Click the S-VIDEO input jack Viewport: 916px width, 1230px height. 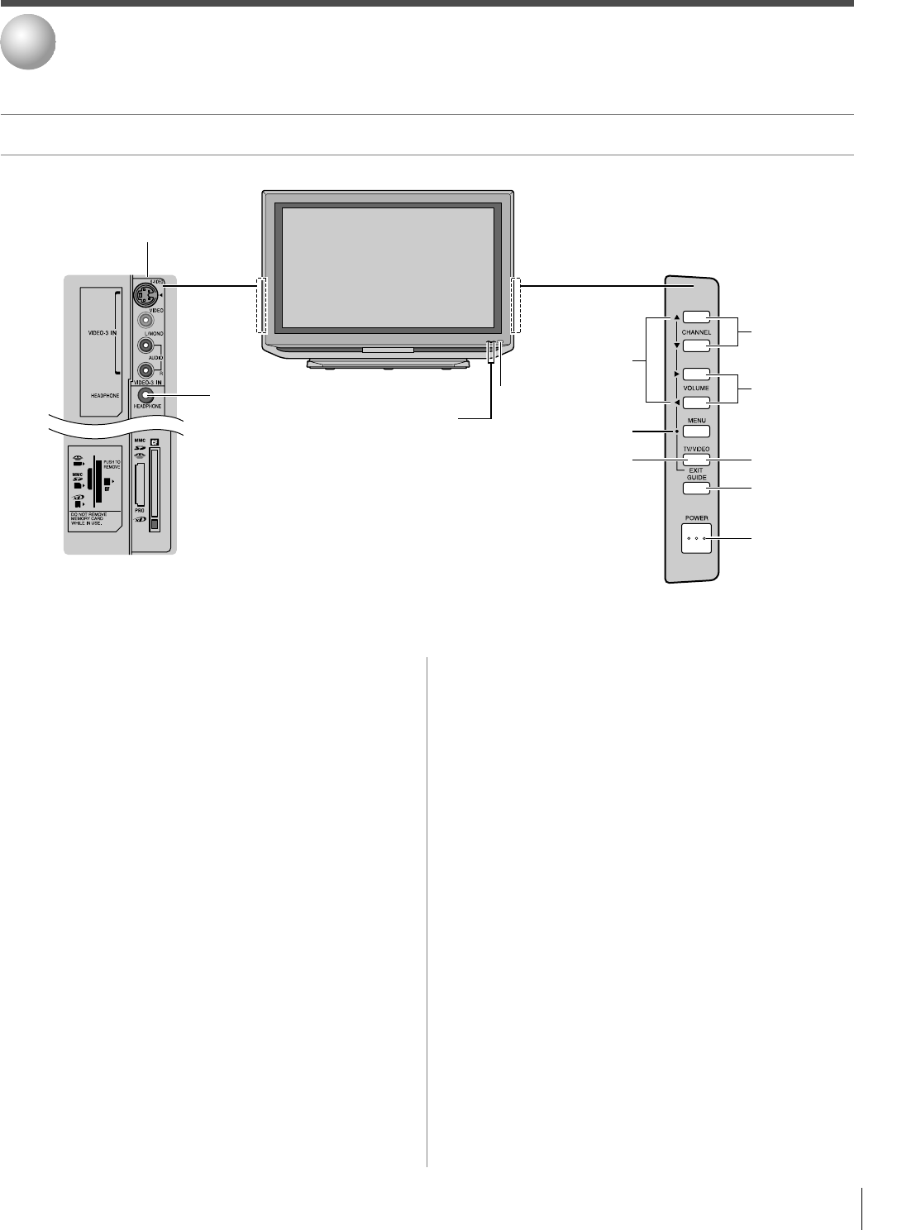146,294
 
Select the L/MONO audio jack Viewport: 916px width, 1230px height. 146,347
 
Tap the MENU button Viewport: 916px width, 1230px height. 696,431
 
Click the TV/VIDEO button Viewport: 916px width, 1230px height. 696,460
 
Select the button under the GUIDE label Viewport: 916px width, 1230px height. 696,489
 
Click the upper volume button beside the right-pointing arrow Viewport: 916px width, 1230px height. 696,374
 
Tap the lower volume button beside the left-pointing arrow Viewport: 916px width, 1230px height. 696,403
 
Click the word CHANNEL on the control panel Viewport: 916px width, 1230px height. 696,332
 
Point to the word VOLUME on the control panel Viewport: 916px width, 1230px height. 696,388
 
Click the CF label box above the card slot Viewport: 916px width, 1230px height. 154,441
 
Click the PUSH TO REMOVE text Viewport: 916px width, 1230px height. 112,464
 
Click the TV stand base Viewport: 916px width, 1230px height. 387,363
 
